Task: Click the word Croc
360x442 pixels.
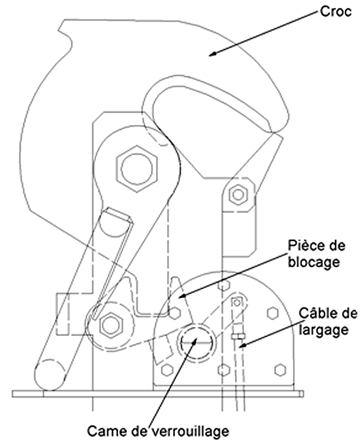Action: pyautogui.click(x=335, y=12)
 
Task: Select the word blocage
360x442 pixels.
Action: pyautogui.click(x=313, y=263)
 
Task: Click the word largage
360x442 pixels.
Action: pyautogui.click(x=323, y=330)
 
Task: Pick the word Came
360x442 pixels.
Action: pyautogui.click(x=108, y=431)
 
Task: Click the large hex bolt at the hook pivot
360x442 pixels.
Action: pyautogui.click(x=137, y=169)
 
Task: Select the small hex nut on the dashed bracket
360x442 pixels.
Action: pyautogui.click(x=238, y=194)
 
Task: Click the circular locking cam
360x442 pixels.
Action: pyautogui.click(x=196, y=342)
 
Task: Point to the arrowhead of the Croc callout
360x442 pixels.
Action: pyautogui.click(x=213, y=54)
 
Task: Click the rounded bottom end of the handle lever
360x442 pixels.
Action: pyautogui.click(x=50, y=376)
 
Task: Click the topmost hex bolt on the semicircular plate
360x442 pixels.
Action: pyautogui.click(x=224, y=285)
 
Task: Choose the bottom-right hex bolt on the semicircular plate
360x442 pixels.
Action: pyautogui.click(x=280, y=370)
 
